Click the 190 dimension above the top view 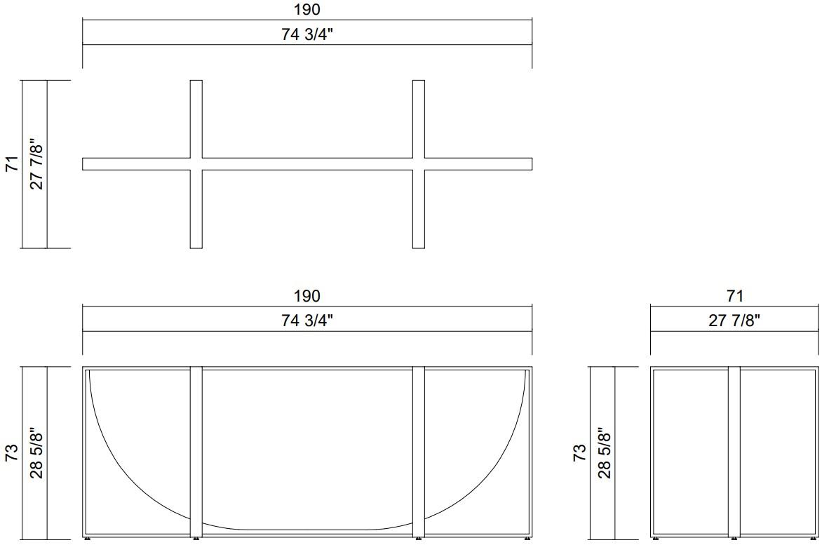(307, 9)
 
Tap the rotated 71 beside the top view (11, 164)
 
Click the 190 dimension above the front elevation (307, 295)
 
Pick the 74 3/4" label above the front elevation (307, 321)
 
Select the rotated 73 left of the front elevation (11, 452)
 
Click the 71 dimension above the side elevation (734, 295)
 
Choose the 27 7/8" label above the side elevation (734, 321)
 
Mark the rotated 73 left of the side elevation (579, 452)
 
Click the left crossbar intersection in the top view (196, 164)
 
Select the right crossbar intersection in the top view (419, 164)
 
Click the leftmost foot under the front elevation (88, 539)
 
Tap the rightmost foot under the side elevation (814, 539)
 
